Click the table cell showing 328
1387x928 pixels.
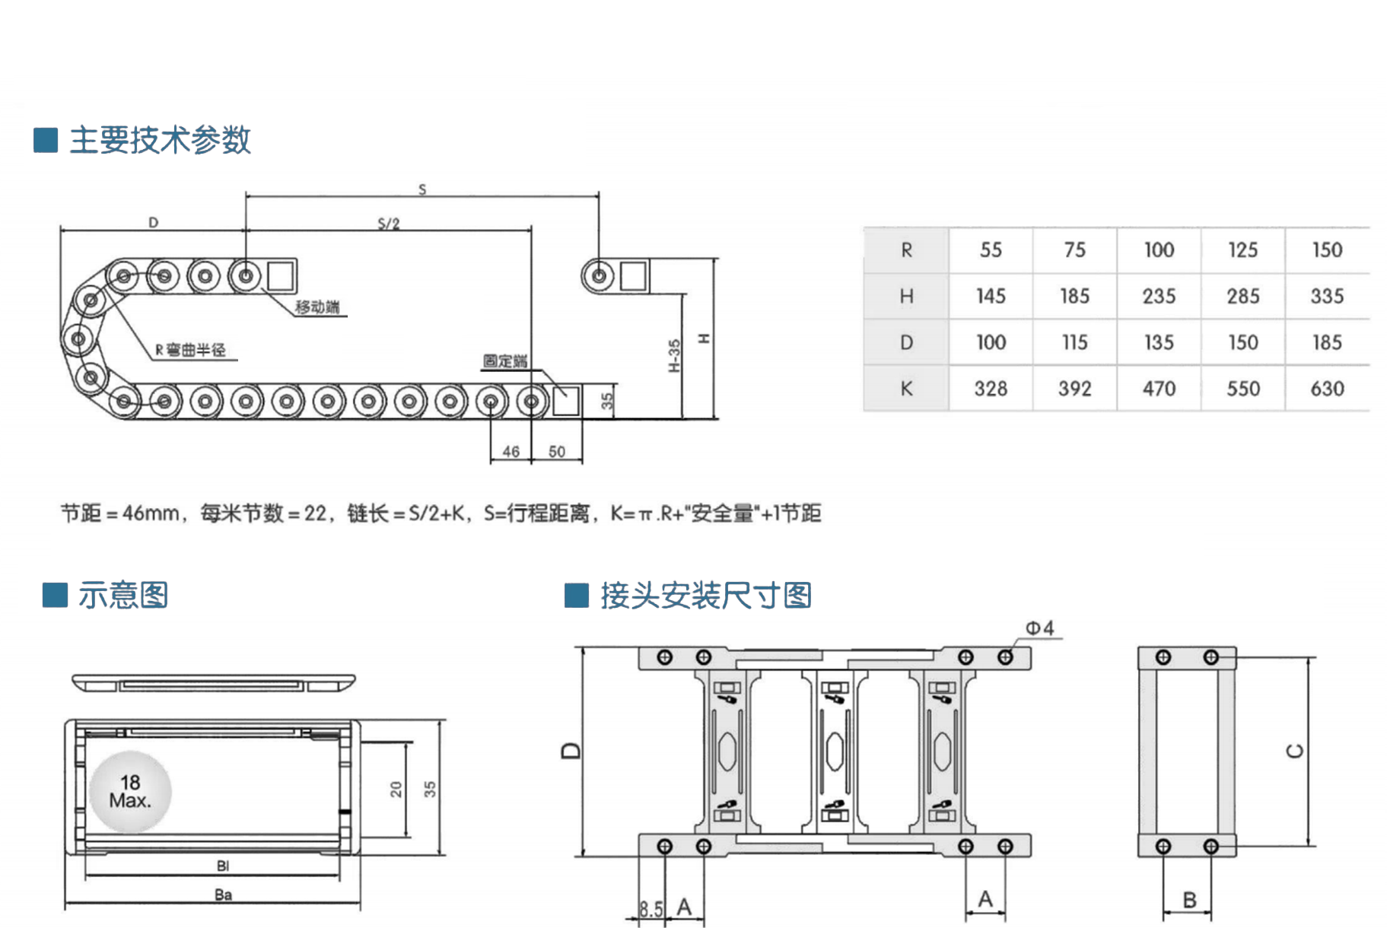coord(991,389)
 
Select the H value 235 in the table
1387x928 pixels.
coord(1159,296)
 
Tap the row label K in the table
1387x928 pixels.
coord(906,389)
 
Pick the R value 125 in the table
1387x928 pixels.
coord(1242,249)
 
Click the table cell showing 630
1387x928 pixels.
coord(1327,389)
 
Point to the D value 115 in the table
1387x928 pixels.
coord(1074,342)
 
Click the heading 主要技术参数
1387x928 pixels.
coord(160,140)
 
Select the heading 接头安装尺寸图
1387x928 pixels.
coord(705,595)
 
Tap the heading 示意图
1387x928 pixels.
coord(122,595)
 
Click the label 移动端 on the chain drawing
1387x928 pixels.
coord(317,307)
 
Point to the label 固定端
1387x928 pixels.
coord(504,361)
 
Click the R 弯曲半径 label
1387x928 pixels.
coord(191,350)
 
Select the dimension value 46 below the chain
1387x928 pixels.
coord(511,452)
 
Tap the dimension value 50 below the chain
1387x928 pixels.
coord(557,452)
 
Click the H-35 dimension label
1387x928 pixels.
coord(674,356)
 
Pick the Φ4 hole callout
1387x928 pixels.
coord(1039,628)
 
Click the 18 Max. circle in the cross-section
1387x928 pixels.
coord(130,791)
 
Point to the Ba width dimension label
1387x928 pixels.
coord(223,895)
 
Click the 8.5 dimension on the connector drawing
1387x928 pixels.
coord(651,909)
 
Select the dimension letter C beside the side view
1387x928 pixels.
coord(1294,751)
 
